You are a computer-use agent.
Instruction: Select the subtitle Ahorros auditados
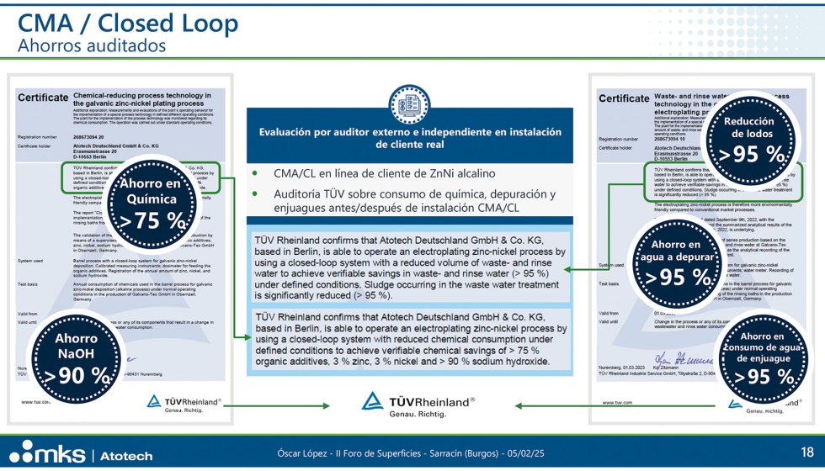pos(93,45)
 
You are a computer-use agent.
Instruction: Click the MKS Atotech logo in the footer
pos(82,452)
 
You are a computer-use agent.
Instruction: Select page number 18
pos(806,452)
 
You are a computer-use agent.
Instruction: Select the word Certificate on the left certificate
pos(44,98)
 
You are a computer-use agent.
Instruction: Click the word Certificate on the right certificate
pos(625,98)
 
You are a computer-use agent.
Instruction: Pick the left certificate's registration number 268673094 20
pos(88,136)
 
